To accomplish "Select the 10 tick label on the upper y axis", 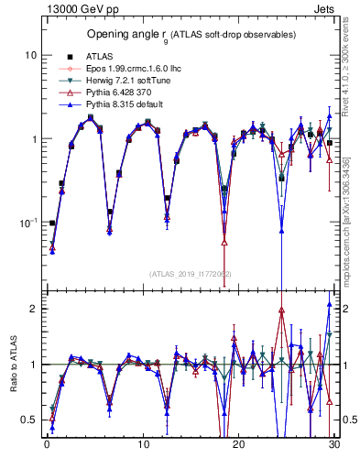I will coord(30,55).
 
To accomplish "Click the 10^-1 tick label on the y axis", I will coord(27,223).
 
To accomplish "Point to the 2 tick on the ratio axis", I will coord(32,309).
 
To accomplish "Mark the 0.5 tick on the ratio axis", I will coord(29,420).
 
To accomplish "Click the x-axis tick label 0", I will coord(47,446).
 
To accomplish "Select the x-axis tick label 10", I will coord(142,446).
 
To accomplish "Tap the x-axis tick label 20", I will coord(238,446).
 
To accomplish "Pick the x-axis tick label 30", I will coord(333,446).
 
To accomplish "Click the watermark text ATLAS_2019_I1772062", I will coord(191,273).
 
